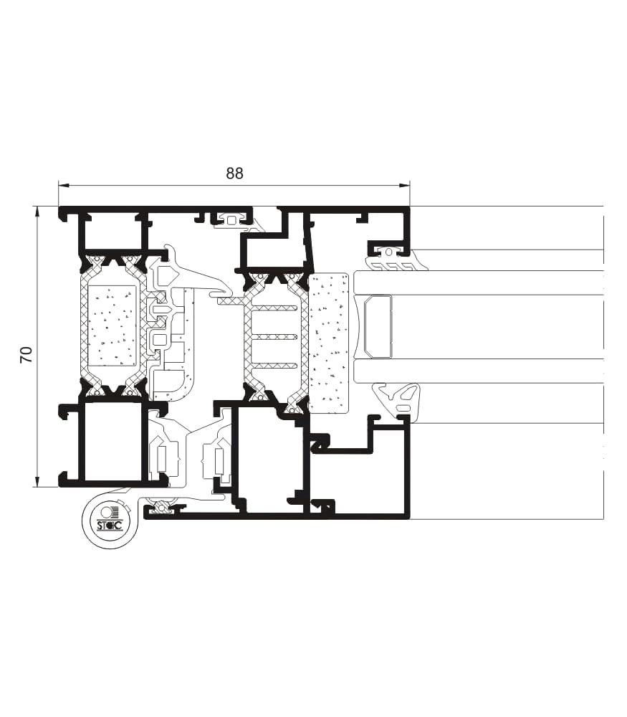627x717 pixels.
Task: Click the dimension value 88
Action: point(234,174)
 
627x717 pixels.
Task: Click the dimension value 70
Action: point(27,355)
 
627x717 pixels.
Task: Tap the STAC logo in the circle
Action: point(110,520)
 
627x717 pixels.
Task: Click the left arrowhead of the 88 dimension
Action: point(64,186)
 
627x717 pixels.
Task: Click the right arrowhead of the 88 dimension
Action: point(404,186)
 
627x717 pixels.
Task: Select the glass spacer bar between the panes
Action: point(378,326)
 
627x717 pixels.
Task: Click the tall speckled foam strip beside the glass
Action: point(329,343)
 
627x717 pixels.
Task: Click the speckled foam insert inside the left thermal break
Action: point(112,326)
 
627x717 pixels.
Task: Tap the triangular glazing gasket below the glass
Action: point(396,399)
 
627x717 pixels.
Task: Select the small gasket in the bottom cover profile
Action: point(163,508)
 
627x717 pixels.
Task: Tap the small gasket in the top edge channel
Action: point(231,219)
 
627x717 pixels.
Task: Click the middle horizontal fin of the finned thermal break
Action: point(275,337)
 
